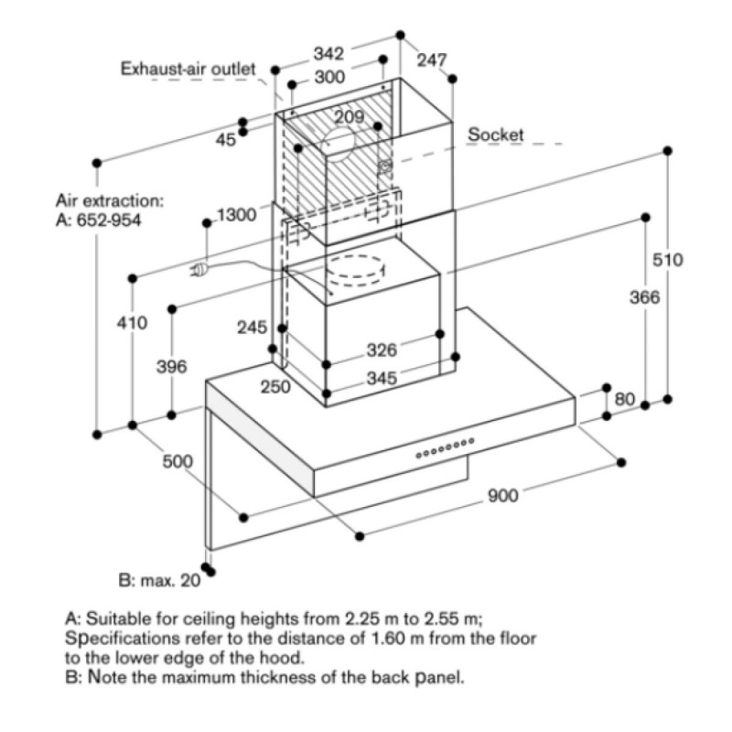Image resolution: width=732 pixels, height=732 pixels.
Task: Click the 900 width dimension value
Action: pyautogui.click(x=503, y=495)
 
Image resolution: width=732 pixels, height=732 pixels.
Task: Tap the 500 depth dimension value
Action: pyautogui.click(x=178, y=461)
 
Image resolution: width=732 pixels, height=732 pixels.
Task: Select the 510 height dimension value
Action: pyautogui.click(x=668, y=260)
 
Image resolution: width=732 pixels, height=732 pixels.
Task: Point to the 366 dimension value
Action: pyautogui.click(x=645, y=297)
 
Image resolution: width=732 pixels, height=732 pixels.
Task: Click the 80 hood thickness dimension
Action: pyautogui.click(x=625, y=399)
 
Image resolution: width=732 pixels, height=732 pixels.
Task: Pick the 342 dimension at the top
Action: pyautogui.click(x=328, y=55)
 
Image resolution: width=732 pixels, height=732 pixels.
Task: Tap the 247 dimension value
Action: pyautogui.click(x=432, y=60)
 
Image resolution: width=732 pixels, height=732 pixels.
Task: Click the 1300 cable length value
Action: pyautogui.click(x=236, y=216)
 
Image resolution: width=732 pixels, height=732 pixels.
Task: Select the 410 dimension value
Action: pyautogui.click(x=133, y=322)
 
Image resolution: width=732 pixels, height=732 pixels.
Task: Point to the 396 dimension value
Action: pyautogui.click(x=171, y=367)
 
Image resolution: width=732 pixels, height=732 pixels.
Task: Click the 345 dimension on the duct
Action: pyautogui.click(x=382, y=378)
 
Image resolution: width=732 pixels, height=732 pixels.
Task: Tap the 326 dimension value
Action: pyautogui.click(x=381, y=350)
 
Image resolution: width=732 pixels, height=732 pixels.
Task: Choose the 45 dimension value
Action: pyautogui.click(x=226, y=140)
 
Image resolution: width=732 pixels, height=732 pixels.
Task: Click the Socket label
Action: pyautogui.click(x=496, y=135)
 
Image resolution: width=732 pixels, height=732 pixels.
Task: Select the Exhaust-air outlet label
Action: pyautogui.click(x=188, y=69)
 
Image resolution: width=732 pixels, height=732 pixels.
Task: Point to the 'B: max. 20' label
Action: pyautogui.click(x=159, y=580)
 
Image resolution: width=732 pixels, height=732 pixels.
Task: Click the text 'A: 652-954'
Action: pyautogui.click(x=99, y=221)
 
